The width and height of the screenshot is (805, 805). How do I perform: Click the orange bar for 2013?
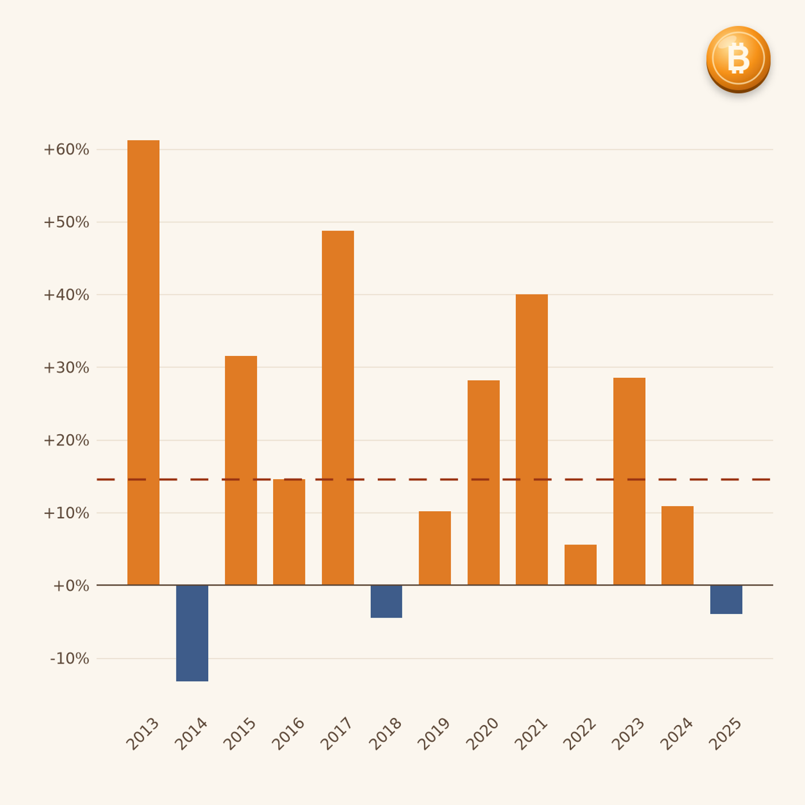coord(143,363)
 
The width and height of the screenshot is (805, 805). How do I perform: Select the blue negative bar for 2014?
coord(192,633)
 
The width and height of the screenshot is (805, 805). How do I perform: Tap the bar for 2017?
coord(338,408)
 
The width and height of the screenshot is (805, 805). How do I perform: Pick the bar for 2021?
coord(532,440)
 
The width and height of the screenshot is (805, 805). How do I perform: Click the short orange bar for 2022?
coord(581,565)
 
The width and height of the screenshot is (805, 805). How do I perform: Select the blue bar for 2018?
coord(386,601)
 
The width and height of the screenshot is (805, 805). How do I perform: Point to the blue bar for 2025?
coord(726,600)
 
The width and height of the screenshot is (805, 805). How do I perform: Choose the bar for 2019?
coord(435,548)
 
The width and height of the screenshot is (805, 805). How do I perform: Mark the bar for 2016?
coord(289,532)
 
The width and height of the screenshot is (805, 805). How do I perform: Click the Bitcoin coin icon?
coord(738,59)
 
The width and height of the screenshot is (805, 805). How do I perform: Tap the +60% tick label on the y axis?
coord(67,149)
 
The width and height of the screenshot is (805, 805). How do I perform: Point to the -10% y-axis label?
coord(70,659)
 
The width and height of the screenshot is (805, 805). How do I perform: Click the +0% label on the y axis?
coord(71,586)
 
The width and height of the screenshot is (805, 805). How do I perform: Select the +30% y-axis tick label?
coord(67,367)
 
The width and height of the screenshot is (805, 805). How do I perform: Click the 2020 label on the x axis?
coord(482,734)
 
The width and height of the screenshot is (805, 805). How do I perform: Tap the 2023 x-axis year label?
coord(628,734)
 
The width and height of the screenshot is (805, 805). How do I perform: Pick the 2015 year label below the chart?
coord(239,734)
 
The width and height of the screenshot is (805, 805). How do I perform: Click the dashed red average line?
coord(434,480)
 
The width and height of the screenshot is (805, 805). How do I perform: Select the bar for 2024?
coord(677,546)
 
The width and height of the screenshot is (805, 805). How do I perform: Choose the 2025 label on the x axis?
coord(725,734)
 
